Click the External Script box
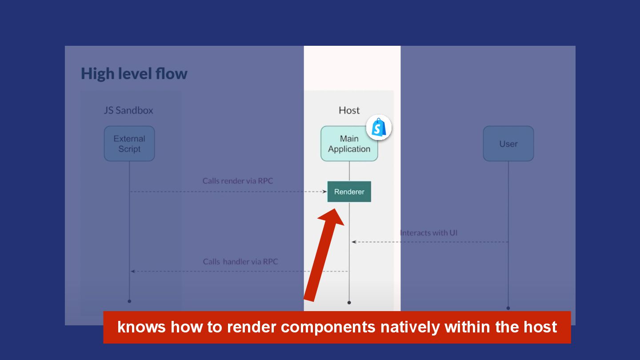(x=129, y=144)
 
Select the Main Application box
(x=349, y=144)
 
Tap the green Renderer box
(x=349, y=192)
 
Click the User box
(x=508, y=144)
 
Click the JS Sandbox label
(x=128, y=110)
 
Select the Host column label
(x=349, y=110)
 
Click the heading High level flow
(x=134, y=73)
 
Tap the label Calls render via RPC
(x=238, y=181)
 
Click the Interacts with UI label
(x=428, y=232)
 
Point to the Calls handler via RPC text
(x=240, y=261)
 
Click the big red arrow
(x=324, y=256)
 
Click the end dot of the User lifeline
(x=508, y=308)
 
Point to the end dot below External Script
(x=129, y=301)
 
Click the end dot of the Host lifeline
(x=349, y=302)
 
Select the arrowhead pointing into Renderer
(x=324, y=192)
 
